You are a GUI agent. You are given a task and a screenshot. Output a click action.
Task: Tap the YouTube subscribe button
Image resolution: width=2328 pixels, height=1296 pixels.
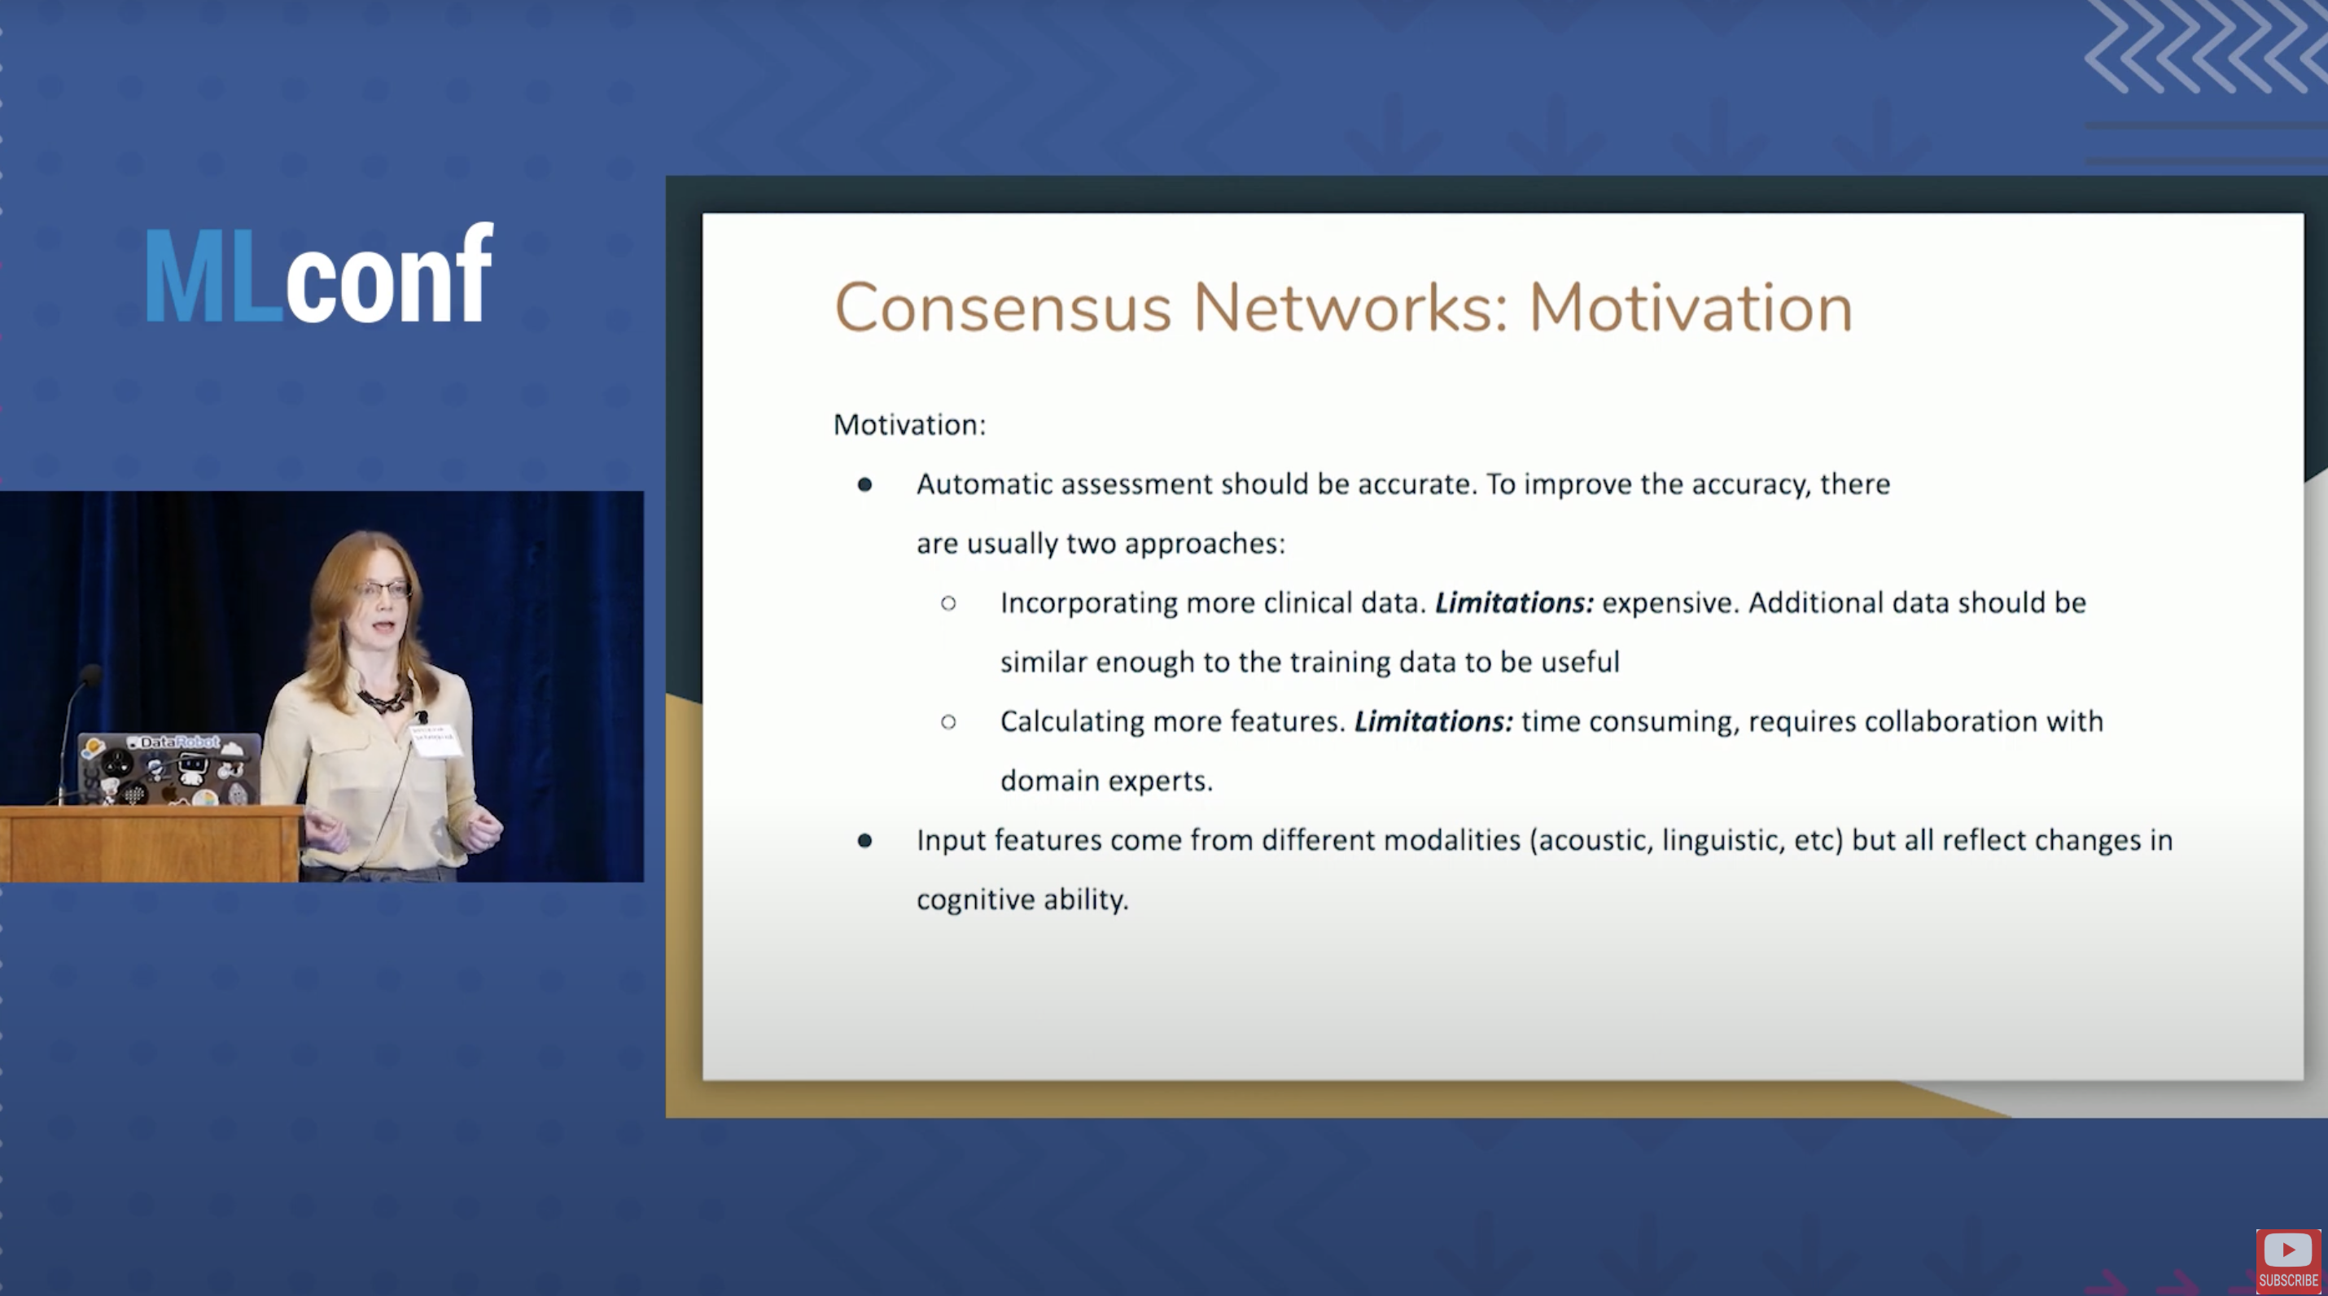click(x=2287, y=1260)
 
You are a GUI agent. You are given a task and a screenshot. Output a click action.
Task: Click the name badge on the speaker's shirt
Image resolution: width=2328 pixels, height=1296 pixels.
click(x=435, y=739)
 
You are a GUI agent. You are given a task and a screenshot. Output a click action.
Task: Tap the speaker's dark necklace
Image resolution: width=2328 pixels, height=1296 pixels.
click(x=384, y=698)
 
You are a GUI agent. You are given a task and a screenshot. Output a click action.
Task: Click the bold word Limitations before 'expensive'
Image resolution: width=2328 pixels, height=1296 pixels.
click(x=1514, y=602)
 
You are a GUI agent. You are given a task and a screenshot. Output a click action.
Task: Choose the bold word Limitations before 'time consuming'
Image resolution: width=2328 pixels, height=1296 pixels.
click(x=1433, y=721)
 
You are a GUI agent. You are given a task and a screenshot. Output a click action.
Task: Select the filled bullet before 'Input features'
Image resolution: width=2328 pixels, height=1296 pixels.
click(x=865, y=840)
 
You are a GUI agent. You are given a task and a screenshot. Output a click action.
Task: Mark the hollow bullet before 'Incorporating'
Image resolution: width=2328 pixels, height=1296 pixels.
click(x=948, y=602)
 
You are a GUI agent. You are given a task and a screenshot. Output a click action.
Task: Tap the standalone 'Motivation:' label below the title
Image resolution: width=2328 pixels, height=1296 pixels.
click(x=909, y=425)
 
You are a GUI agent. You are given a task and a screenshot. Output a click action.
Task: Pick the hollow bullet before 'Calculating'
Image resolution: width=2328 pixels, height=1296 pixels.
click(x=948, y=721)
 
